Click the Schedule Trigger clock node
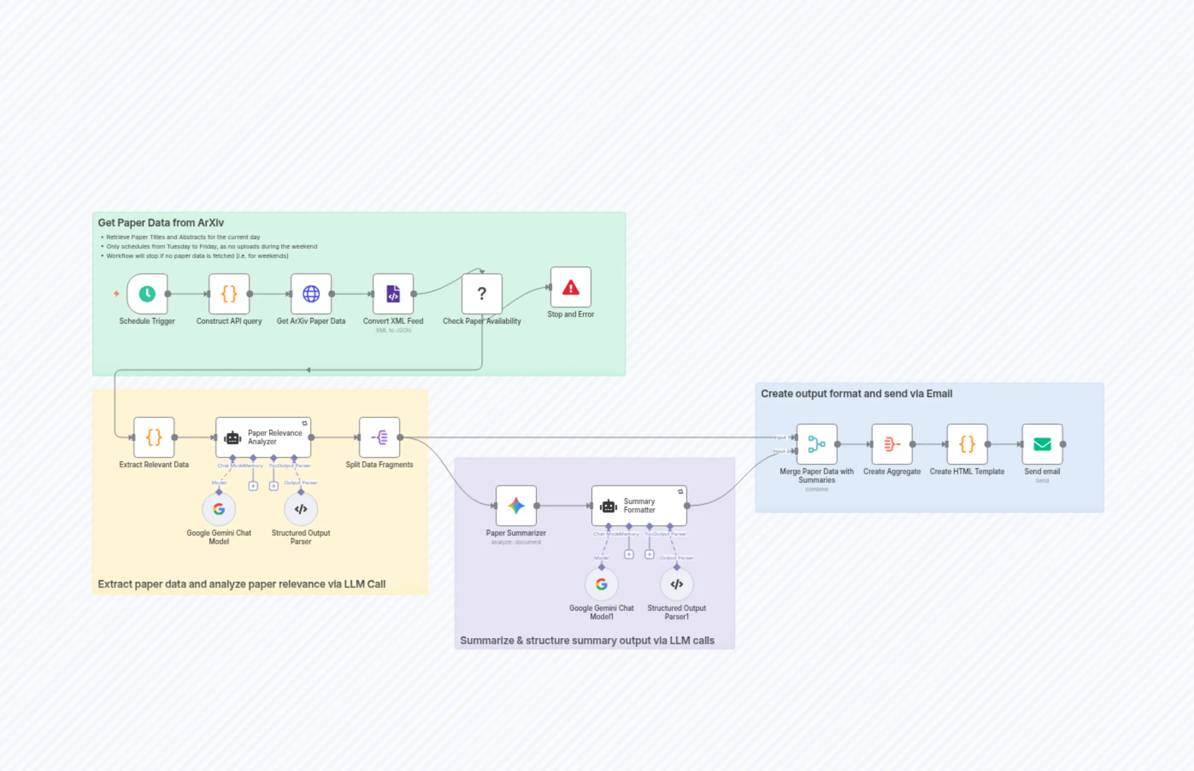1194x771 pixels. [x=147, y=294]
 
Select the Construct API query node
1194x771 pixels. [x=229, y=294]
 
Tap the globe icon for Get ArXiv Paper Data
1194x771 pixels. [x=311, y=294]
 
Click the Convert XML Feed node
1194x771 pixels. [x=393, y=294]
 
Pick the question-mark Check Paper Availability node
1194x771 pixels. [x=481, y=294]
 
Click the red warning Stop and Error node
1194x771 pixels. [x=571, y=287]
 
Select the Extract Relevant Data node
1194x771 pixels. [x=154, y=437]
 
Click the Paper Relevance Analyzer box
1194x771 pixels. [x=263, y=437]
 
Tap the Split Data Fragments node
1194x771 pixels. [x=379, y=437]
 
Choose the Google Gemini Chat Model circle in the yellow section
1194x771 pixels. [x=219, y=509]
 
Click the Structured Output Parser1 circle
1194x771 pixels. [x=676, y=584]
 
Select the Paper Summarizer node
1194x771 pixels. [x=516, y=506]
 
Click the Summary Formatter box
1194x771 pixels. [x=639, y=506]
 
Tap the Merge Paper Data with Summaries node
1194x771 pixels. [x=816, y=444]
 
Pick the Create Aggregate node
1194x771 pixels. [x=891, y=444]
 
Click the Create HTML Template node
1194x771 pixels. [x=967, y=444]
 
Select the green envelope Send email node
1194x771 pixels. [x=1042, y=444]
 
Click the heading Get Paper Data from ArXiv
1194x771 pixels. [x=161, y=223]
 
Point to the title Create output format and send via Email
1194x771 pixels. [x=856, y=393]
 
